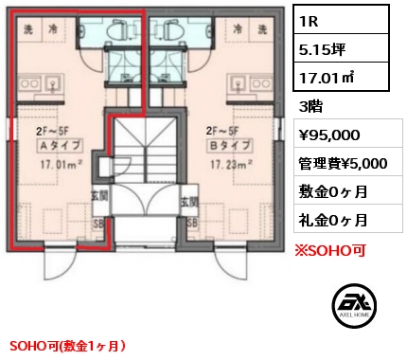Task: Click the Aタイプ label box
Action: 61,146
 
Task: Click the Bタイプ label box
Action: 229,146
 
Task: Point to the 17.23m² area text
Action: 231,164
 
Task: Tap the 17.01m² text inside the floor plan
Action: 62,164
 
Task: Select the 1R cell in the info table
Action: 341,20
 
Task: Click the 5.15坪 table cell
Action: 341,48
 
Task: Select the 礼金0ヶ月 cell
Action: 348,218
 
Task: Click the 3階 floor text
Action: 310,107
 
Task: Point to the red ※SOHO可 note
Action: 330,251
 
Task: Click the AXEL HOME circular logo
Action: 354,304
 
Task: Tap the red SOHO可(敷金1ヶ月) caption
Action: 67,346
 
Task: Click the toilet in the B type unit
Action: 171,29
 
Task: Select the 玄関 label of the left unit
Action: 99,196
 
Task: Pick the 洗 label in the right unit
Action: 262,29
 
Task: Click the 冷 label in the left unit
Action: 52,29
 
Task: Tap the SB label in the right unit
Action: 193,224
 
